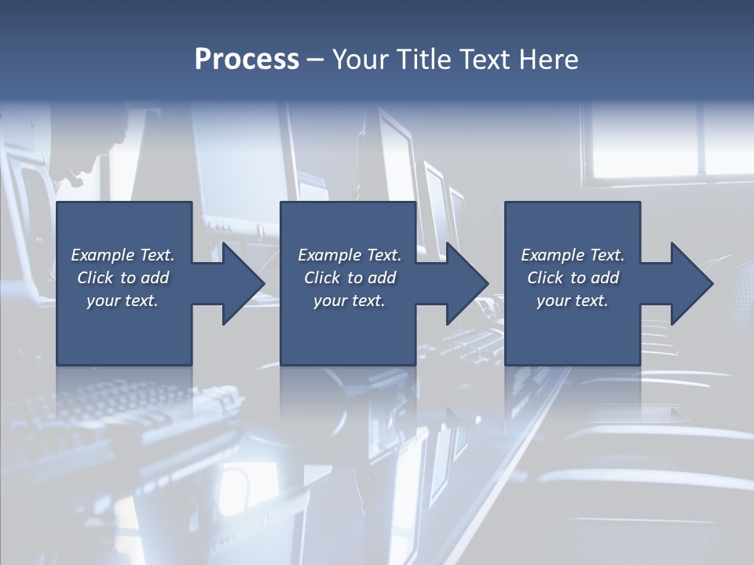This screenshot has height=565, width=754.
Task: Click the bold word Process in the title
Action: pos(247,60)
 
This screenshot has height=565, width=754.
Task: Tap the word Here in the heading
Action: pos(549,60)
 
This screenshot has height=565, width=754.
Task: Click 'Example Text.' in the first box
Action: pos(123,255)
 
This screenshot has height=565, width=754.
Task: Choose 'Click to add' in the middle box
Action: pos(350,278)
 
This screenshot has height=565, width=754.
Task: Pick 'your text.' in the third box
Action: pos(573,301)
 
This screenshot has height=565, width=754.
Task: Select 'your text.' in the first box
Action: pos(123,301)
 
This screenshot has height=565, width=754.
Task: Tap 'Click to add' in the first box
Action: pos(123,278)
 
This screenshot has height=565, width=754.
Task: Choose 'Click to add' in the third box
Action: pos(573,278)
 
